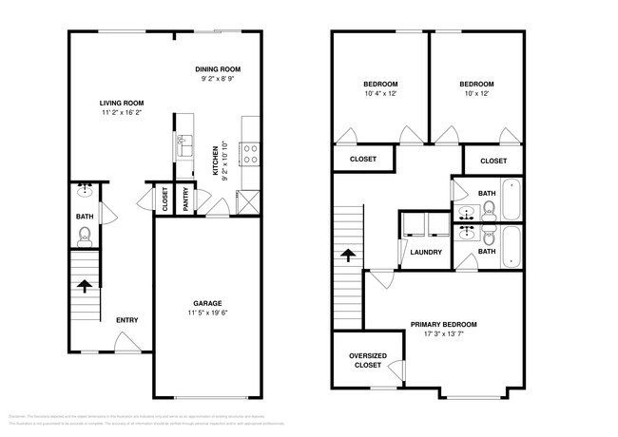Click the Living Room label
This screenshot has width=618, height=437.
pos(122,102)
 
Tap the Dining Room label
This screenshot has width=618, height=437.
pos(218,69)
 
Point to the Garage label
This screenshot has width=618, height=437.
pos(205,303)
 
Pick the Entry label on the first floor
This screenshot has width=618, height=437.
pos(127,319)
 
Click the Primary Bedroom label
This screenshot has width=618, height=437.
pos(443,324)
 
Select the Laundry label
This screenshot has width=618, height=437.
pos(425,251)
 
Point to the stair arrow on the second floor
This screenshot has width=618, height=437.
pos(348,254)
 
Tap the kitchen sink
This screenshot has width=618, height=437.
pos(183,144)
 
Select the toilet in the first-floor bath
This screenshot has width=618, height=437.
pos(85,235)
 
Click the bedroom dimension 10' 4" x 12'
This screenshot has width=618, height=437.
pos(380,93)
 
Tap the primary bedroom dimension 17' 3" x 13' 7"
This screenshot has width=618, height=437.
pos(443,333)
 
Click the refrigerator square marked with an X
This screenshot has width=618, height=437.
pos(250,201)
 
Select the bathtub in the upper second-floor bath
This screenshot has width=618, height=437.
pos(512,199)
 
